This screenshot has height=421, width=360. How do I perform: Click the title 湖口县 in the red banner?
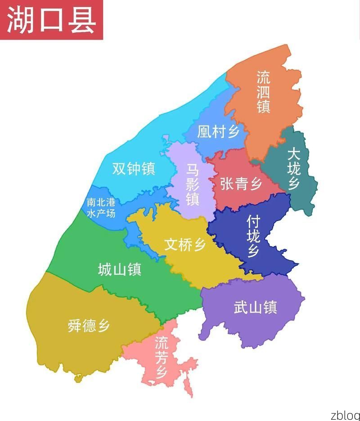[51, 20]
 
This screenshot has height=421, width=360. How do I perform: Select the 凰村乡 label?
[218, 131]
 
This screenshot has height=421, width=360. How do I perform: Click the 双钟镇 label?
[133, 169]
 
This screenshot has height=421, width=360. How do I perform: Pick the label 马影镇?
[193, 184]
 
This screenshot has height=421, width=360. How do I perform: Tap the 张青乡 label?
[241, 184]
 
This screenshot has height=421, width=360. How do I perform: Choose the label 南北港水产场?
[101, 208]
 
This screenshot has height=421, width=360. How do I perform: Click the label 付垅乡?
[253, 236]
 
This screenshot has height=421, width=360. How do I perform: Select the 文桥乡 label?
[185, 245]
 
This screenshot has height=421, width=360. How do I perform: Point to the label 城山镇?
[119, 269]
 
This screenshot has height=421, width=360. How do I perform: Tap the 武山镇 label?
[255, 308]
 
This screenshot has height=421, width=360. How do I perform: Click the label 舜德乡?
[89, 325]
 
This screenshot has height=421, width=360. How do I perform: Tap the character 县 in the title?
[81, 20]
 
